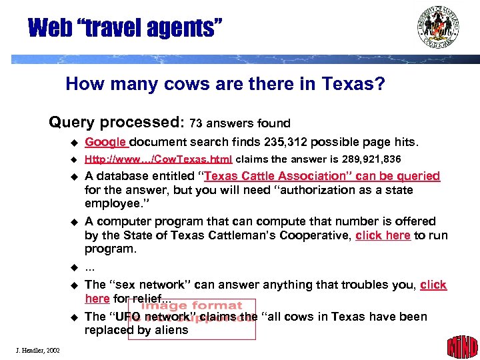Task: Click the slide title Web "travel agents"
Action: (125, 28)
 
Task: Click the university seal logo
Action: (439, 27)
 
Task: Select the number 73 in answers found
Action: (195, 123)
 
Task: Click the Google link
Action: (106, 142)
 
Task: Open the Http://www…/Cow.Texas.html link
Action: (159, 159)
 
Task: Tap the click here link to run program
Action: (383, 235)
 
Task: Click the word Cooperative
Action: (315, 235)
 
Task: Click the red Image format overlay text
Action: (192, 307)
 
